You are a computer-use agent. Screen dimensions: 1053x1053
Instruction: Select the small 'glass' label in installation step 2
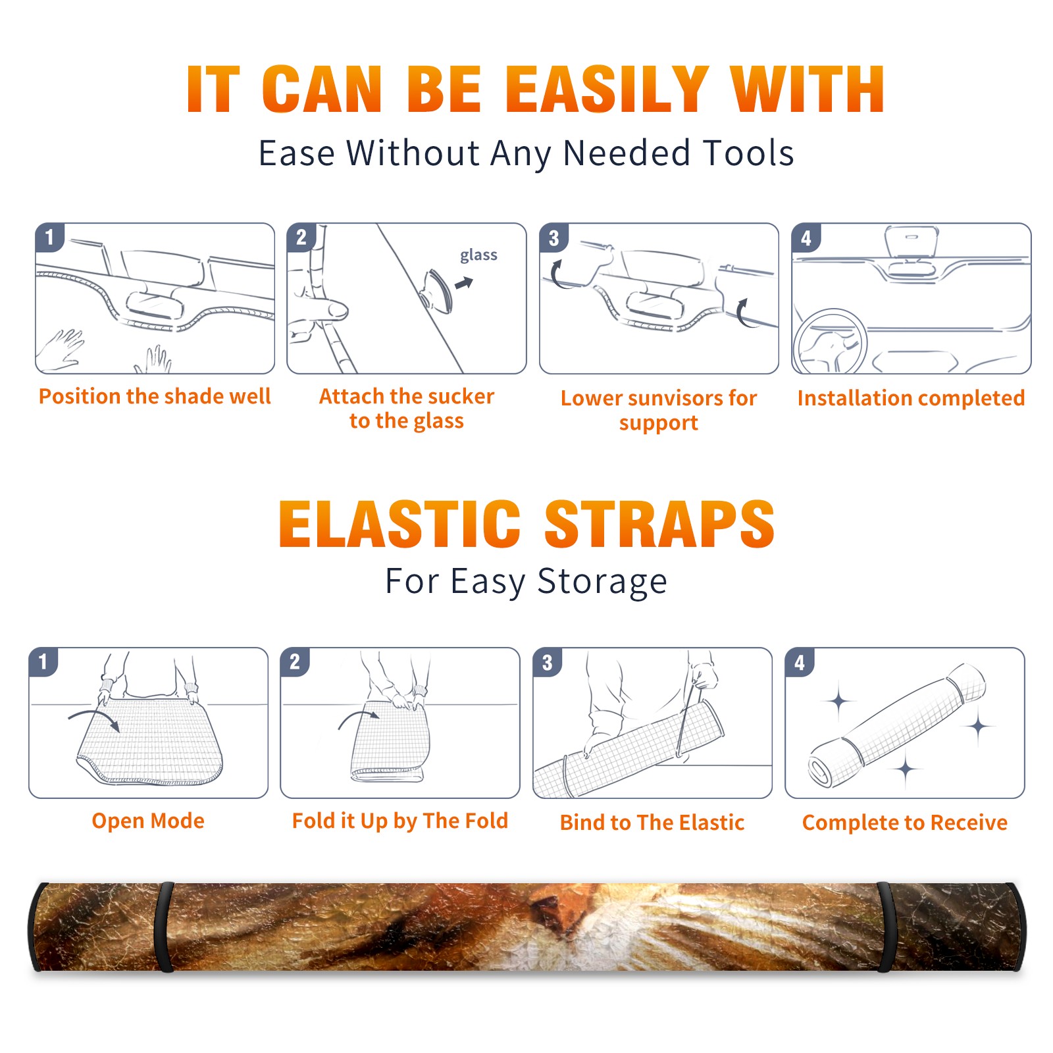[x=478, y=255]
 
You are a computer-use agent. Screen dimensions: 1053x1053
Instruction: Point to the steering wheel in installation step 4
[x=829, y=342]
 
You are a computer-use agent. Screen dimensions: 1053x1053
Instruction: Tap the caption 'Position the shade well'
[x=155, y=396]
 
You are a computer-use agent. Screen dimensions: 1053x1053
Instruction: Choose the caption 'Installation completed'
[x=911, y=398]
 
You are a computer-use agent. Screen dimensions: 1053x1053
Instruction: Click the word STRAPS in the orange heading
[x=659, y=524]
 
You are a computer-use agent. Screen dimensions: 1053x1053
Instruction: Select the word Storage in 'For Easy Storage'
[x=602, y=582]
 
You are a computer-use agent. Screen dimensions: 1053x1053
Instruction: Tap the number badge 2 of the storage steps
[x=295, y=661]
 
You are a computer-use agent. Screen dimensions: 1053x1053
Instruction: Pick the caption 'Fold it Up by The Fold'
[x=400, y=821]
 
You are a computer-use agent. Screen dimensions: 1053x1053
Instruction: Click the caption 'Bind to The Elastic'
[x=652, y=823]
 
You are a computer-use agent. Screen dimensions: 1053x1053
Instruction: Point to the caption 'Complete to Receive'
[x=905, y=823]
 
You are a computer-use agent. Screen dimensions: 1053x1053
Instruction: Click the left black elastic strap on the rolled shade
[x=165, y=927]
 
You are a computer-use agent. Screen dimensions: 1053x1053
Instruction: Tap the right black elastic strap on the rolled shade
[x=885, y=927]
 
